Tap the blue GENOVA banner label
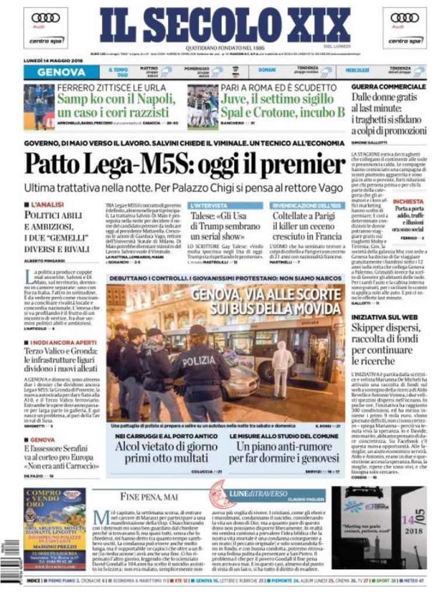(x=61, y=72)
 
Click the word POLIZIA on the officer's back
(x=198, y=362)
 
